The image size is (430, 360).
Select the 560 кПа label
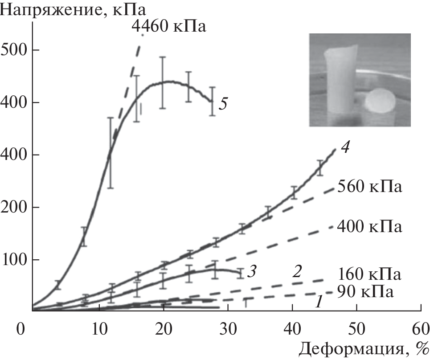point(370,186)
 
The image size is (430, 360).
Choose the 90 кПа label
point(365,292)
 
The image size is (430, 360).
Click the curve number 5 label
point(223,104)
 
